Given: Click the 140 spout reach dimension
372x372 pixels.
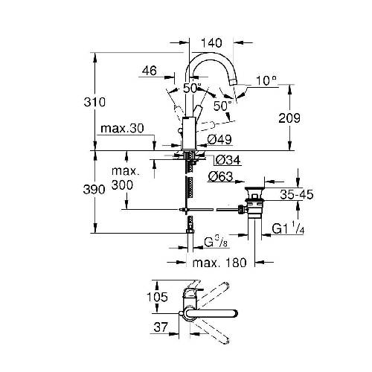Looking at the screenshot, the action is coord(211,43).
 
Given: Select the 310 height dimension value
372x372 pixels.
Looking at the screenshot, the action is coord(94,102).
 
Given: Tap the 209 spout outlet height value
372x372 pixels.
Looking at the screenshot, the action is coord(289,118).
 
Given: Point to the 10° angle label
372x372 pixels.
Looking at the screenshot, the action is coord(266,80).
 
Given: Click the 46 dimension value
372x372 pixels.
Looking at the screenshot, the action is coord(150,71).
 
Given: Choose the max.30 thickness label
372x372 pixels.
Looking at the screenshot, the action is coord(122,129).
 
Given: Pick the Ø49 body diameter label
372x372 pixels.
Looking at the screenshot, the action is coord(219,140).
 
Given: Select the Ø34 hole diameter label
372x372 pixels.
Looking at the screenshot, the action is coord(228,160).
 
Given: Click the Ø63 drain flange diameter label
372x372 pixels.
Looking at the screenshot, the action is coord(220,176).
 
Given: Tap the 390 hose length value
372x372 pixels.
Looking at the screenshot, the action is coord(94,190).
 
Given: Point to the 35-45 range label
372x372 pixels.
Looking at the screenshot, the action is coord(297,194).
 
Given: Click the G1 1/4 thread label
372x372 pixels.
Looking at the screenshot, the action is coord(288,228).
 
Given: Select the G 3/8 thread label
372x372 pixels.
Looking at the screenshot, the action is coord(216,242).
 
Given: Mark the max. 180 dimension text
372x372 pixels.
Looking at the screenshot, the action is coord(219,263).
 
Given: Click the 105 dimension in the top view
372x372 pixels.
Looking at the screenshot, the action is coord(158,297).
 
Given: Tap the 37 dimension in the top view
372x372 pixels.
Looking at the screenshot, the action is coord(161,327).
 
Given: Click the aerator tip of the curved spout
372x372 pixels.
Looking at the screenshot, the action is coord(233,82).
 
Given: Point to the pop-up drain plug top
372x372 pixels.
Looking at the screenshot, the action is coord(254,190).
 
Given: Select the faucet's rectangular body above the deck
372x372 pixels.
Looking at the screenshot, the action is coord(189,133).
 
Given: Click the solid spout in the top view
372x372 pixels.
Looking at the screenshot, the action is coord(211,313).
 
